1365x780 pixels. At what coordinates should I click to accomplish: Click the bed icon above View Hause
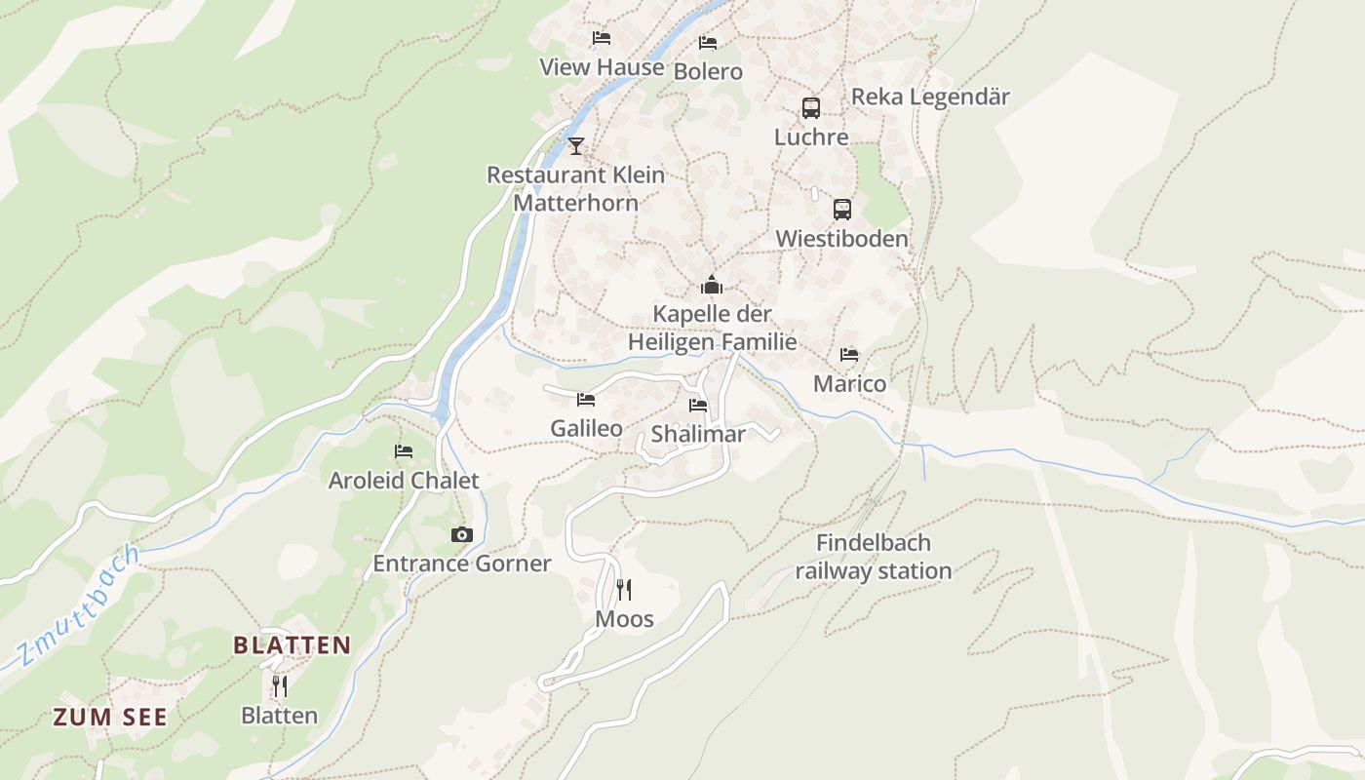coord(602,38)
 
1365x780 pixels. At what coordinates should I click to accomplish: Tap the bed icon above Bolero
coord(708,43)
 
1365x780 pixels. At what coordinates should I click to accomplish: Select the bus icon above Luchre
coord(811,108)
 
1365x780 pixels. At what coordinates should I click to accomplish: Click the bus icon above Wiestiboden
coord(842,210)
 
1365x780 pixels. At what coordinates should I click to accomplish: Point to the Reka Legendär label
coord(930,97)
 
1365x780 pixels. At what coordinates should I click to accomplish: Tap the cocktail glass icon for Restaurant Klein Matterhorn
coord(576,146)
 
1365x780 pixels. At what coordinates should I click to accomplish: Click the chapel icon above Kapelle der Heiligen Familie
coord(712,286)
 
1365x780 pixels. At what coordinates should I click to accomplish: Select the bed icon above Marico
coord(849,355)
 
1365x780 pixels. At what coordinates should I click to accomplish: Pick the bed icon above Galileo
coord(586,400)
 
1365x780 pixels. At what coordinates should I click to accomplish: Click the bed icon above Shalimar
coord(698,406)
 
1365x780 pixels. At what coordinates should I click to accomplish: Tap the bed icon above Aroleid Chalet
coord(404,451)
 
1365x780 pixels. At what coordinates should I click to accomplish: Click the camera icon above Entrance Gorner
coord(462,535)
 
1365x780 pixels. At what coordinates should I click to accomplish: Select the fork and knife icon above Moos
coord(624,590)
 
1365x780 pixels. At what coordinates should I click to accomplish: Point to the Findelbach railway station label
coord(873,557)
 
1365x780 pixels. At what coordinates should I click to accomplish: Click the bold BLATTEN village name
coord(292,645)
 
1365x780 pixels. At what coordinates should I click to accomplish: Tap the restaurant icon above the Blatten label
coord(280,686)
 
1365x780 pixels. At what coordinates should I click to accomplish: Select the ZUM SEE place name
coord(110,718)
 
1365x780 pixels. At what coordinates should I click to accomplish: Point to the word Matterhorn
coord(575,203)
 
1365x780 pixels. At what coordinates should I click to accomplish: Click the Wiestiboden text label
coord(841,239)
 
